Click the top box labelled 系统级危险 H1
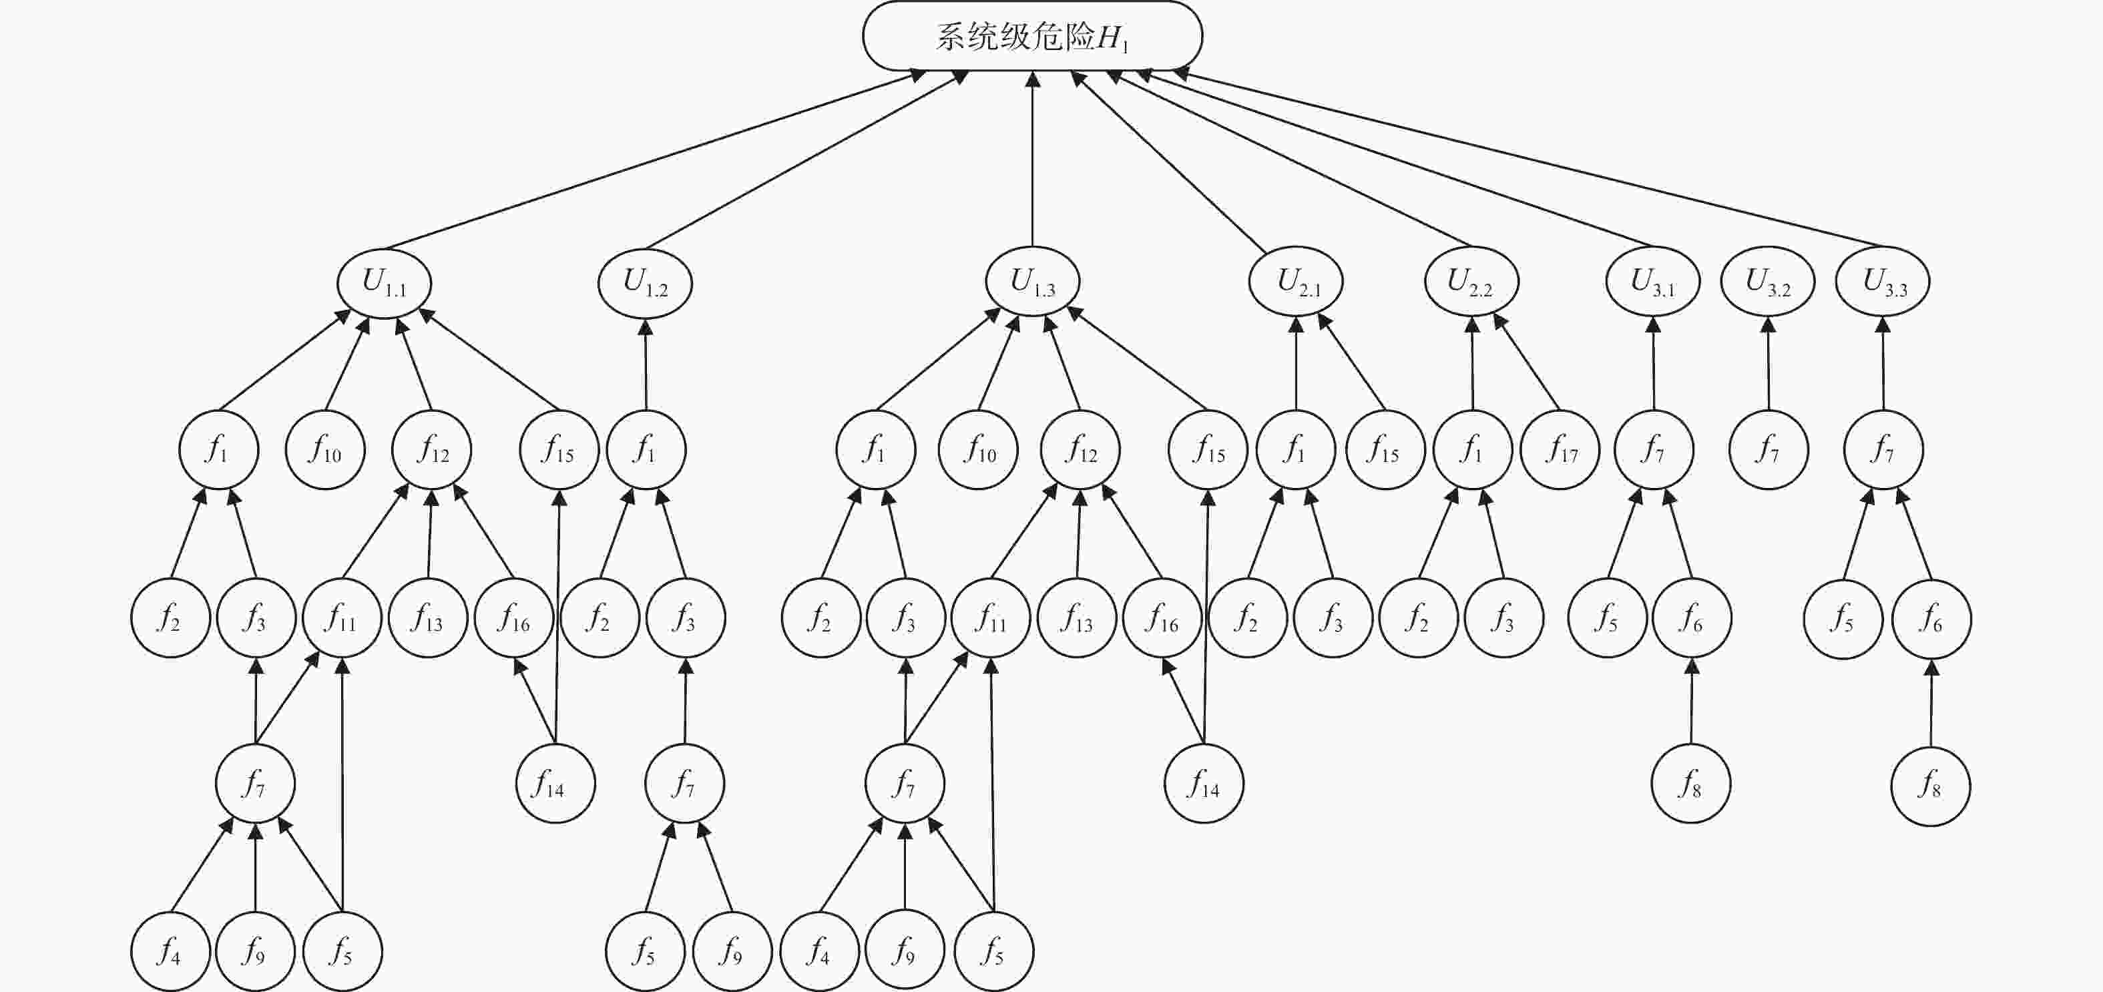click(x=1032, y=36)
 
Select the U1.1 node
click(x=384, y=282)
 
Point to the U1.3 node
click(x=1032, y=282)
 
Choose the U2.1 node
click(x=1296, y=282)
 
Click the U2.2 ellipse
click(x=1471, y=282)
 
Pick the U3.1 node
click(x=1653, y=282)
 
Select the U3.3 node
click(x=1883, y=282)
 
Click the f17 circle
click(x=1560, y=450)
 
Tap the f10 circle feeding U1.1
click(x=325, y=450)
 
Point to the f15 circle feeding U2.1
click(x=1385, y=450)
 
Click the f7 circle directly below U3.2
click(x=1769, y=450)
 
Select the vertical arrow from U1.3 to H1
click(x=1033, y=159)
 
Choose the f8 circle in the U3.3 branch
click(x=1931, y=786)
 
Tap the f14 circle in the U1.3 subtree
click(x=1203, y=784)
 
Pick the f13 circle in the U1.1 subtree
click(x=428, y=618)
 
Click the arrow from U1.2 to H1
click(x=806, y=160)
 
